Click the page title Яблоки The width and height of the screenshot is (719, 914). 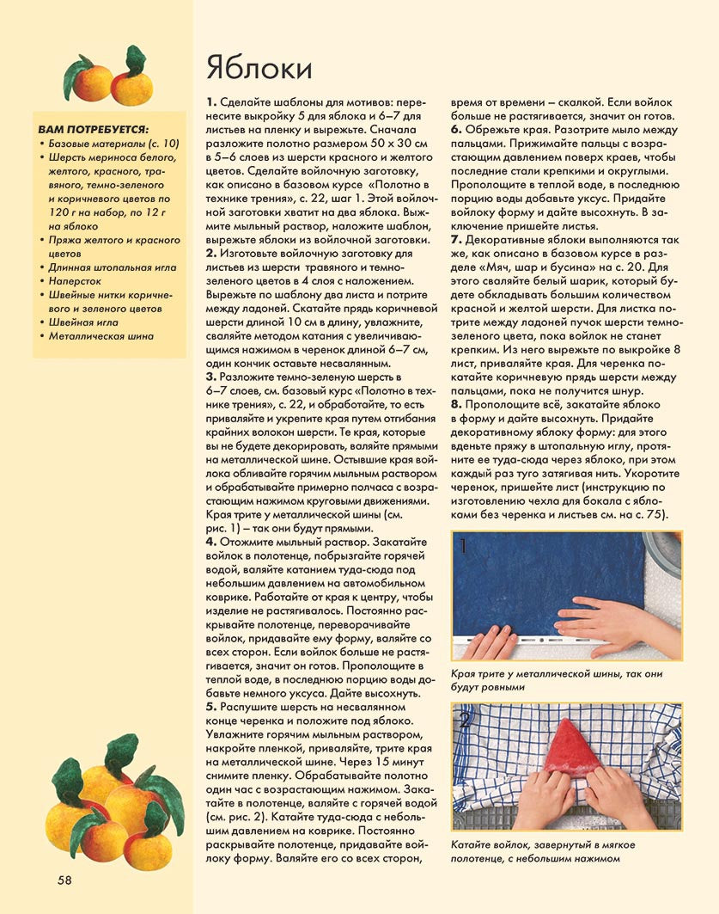259,68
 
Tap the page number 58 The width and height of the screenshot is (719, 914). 65,879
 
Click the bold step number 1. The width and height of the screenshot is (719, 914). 210,102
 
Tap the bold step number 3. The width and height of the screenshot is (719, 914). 210,377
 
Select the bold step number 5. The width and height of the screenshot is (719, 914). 210,706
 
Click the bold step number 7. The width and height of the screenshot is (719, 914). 457,237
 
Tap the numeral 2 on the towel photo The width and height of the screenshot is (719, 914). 465,720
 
